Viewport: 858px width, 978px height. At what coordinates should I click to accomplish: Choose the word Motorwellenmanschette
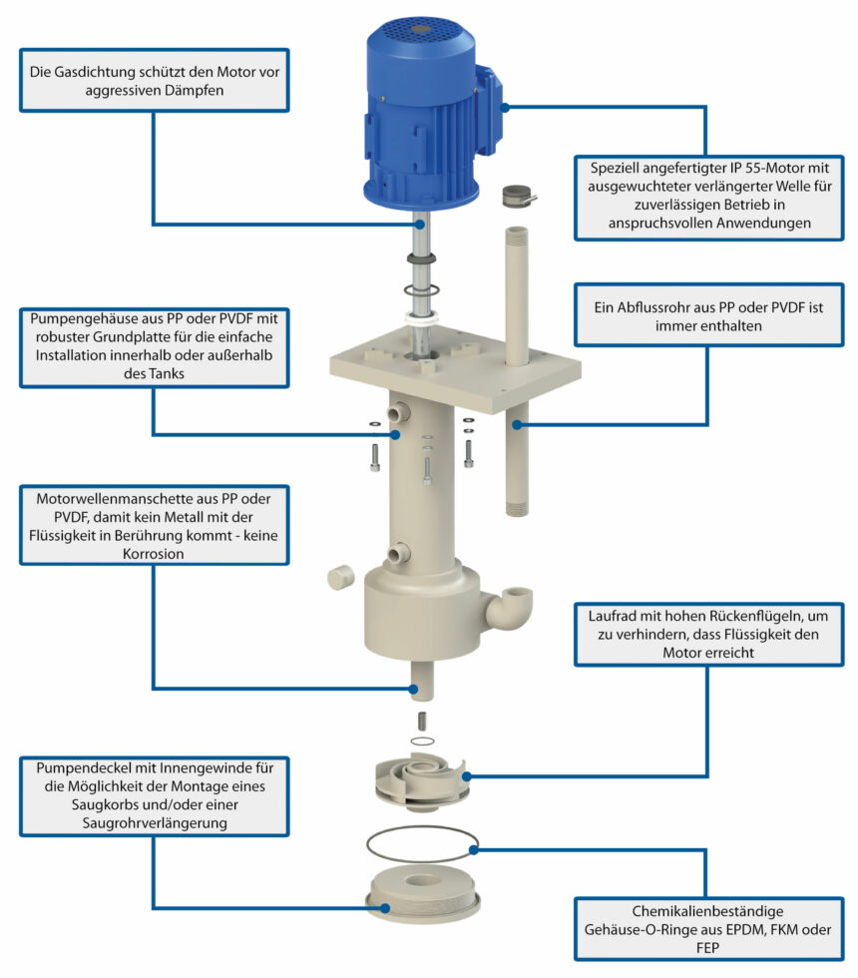tap(111, 499)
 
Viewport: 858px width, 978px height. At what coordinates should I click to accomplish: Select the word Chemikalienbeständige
tap(707, 911)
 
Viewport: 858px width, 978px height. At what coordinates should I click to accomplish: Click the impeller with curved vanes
tap(421, 781)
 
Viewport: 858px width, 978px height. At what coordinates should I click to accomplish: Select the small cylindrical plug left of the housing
tap(340, 577)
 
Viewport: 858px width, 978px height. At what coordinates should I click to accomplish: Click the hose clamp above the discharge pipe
tap(518, 196)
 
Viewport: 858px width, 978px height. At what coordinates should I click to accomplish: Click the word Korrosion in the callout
tap(154, 554)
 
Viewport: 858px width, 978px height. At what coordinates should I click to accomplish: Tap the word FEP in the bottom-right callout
tap(707, 948)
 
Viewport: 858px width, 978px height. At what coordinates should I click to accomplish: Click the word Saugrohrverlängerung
tap(155, 823)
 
